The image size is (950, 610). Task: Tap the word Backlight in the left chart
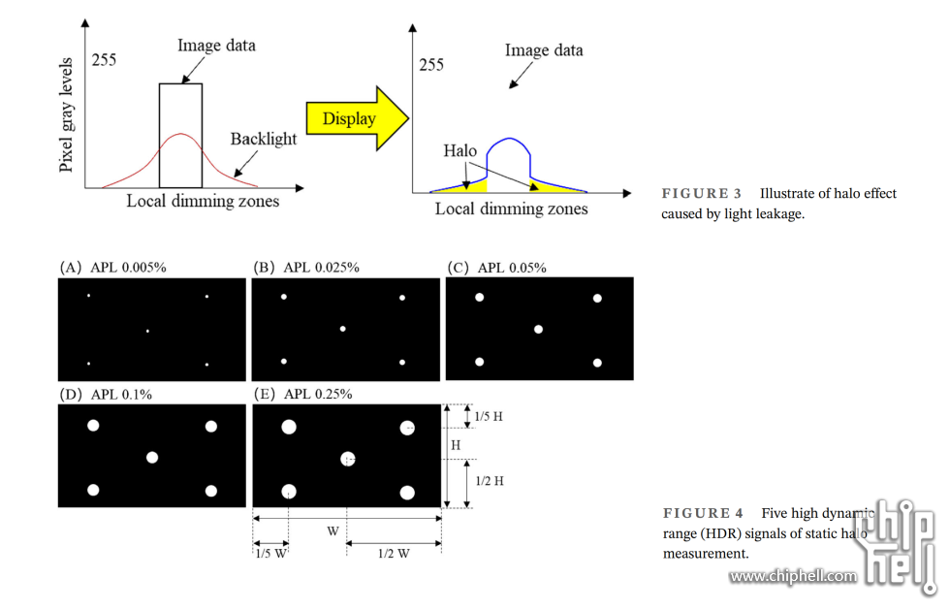(263, 140)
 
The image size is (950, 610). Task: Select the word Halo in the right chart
(460, 151)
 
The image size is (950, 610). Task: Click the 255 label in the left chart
(104, 59)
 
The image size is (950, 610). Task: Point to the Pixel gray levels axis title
(67, 113)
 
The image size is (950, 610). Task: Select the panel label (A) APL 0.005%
(113, 268)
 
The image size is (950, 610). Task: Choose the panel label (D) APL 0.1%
(106, 395)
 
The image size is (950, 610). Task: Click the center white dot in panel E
(348, 459)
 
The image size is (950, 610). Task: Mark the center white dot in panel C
(539, 330)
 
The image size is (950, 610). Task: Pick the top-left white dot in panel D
(93, 426)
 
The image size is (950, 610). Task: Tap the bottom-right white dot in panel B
(401, 362)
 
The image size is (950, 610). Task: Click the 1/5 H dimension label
(488, 417)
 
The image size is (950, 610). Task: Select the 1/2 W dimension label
(395, 554)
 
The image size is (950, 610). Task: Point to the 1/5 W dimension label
(270, 554)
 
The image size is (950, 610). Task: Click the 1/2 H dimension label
(489, 481)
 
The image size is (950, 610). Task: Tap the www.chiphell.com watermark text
(793, 576)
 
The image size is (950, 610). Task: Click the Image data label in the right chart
(544, 50)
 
